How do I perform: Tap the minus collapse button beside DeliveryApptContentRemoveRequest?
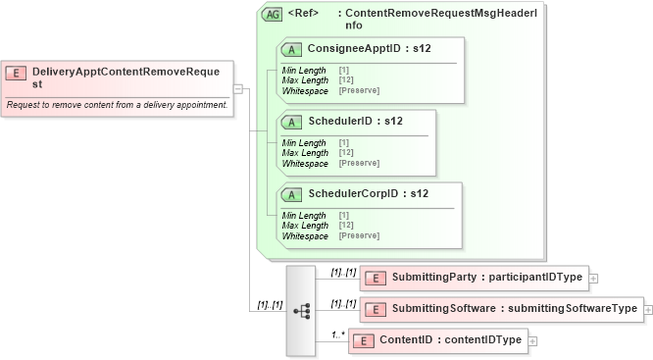coord(238,87)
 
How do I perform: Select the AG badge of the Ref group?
coord(272,15)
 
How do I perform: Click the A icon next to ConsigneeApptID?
coord(291,49)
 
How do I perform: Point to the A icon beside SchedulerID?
coord(291,122)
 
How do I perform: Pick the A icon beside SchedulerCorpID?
coord(291,194)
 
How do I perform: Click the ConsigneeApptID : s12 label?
coord(369,48)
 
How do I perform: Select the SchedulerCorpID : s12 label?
coord(368,193)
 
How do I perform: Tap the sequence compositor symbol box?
coord(300,310)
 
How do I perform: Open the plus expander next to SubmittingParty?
coord(593,279)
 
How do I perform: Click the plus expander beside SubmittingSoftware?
coord(648,310)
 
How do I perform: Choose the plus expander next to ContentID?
coord(532,341)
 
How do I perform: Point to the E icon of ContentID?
coord(363,341)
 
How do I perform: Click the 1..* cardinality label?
coord(338,334)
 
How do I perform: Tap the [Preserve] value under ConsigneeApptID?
coord(359,90)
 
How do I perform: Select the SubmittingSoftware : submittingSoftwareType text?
coord(515,309)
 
